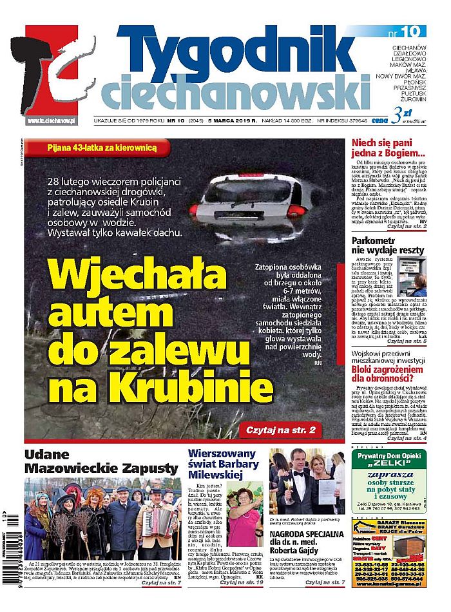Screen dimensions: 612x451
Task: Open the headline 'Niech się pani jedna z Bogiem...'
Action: tap(388, 149)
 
